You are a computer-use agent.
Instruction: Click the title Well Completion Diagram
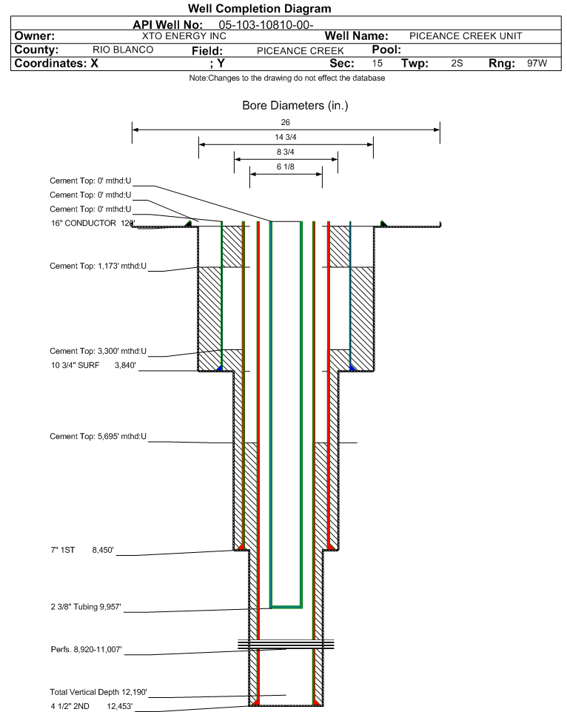[260, 9]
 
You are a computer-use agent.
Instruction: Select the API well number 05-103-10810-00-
[261, 25]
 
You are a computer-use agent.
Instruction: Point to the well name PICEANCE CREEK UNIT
[466, 36]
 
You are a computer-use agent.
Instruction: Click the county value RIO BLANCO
[123, 50]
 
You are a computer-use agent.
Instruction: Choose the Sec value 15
[378, 64]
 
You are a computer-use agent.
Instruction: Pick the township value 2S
[457, 64]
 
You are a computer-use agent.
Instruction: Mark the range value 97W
[537, 64]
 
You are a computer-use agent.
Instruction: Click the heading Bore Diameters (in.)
[295, 106]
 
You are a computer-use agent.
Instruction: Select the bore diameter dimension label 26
[286, 122]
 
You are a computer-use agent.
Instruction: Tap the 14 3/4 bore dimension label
[286, 138]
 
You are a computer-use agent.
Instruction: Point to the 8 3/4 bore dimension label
[286, 152]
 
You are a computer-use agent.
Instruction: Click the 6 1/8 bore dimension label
[286, 168]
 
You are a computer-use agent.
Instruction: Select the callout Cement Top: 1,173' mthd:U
[98, 266]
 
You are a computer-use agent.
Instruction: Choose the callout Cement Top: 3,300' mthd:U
[98, 351]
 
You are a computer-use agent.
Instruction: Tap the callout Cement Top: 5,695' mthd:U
[98, 437]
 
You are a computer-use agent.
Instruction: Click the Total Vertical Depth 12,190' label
[98, 692]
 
